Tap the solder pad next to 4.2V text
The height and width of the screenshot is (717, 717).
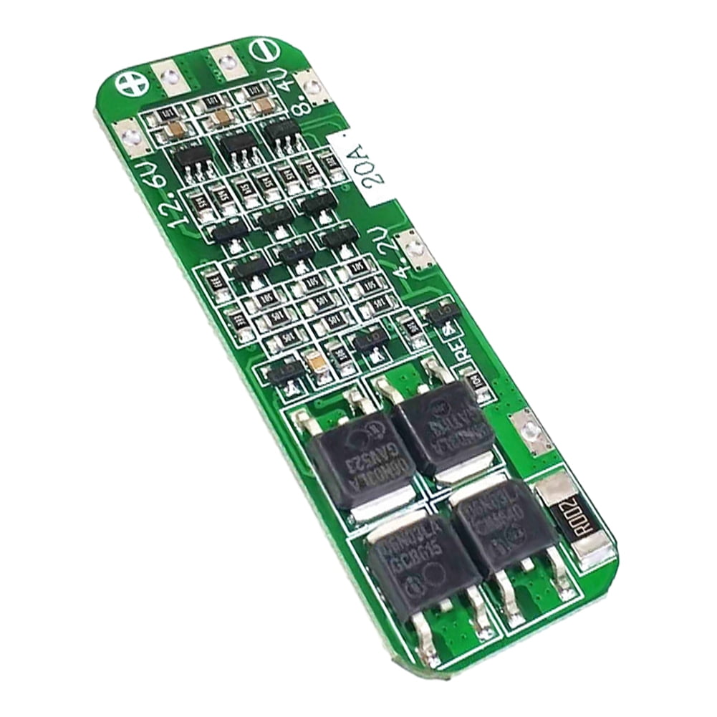click(414, 250)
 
